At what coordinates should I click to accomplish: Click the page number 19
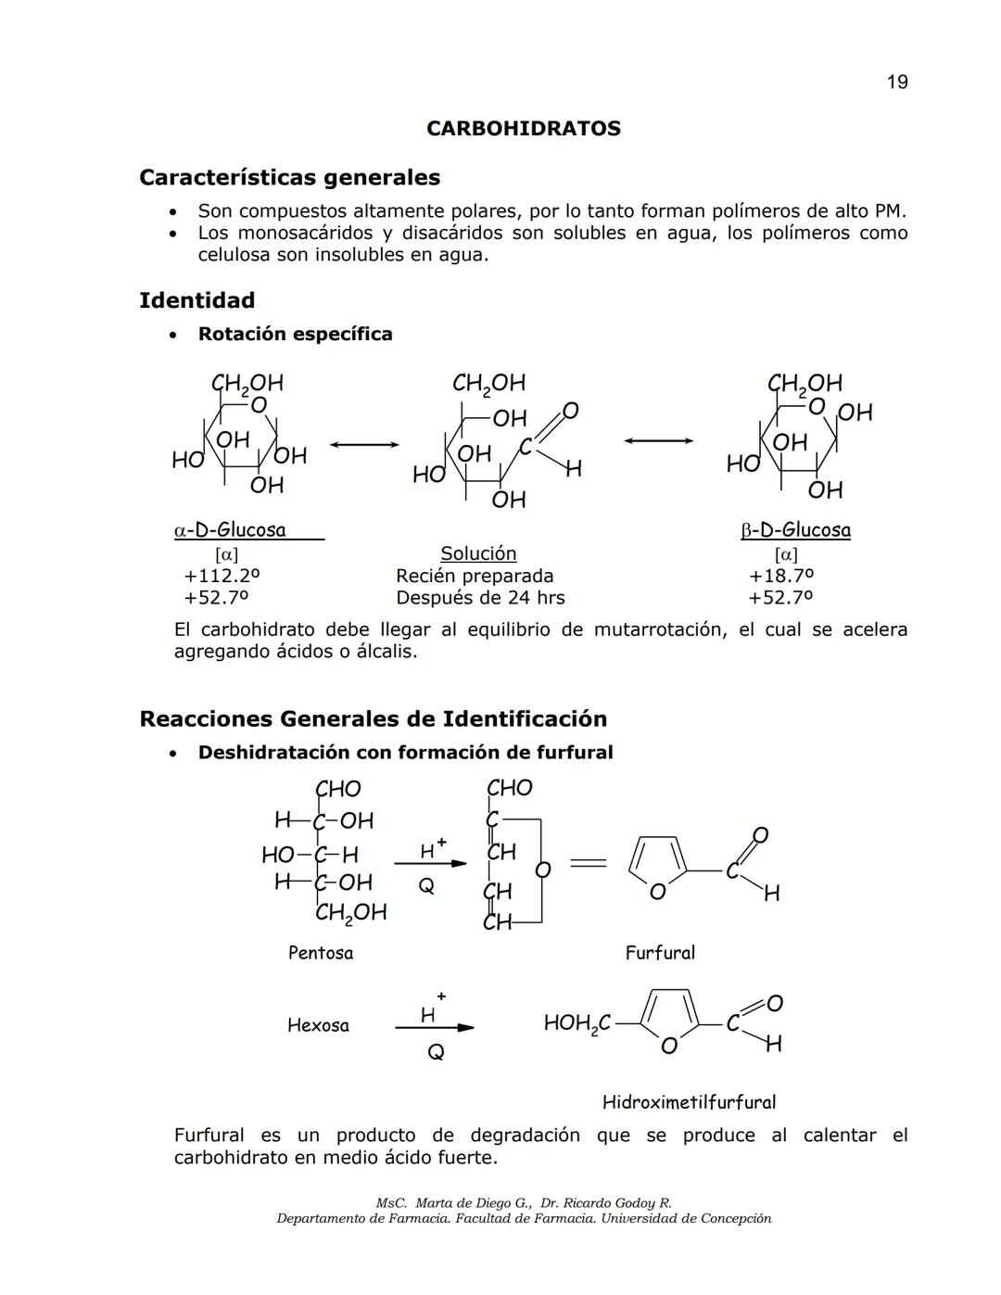(x=896, y=83)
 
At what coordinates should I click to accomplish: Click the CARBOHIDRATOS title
(x=523, y=129)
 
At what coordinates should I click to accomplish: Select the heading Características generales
(x=289, y=177)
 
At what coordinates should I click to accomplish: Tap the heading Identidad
(x=196, y=300)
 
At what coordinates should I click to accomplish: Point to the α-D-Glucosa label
(x=230, y=530)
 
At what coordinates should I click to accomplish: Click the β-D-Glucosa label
(x=795, y=530)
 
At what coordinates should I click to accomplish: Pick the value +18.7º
(x=780, y=576)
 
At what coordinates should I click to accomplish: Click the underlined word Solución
(x=478, y=553)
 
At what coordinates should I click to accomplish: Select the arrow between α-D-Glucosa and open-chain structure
(x=364, y=445)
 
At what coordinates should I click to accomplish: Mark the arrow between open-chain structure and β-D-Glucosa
(x=658, y=440)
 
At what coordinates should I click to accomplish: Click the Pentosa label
(x=320, y=953)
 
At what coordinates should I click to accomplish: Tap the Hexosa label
(x=318, y=1025)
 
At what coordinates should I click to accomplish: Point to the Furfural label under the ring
(x=659, y=953)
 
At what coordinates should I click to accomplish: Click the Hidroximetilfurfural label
(x=689, y=1102)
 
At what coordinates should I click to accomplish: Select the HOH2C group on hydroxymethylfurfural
(x=577, y=1023)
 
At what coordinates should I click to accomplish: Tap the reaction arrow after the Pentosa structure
(x=430, y=863)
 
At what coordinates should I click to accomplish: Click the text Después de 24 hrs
(x=480, y=598)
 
